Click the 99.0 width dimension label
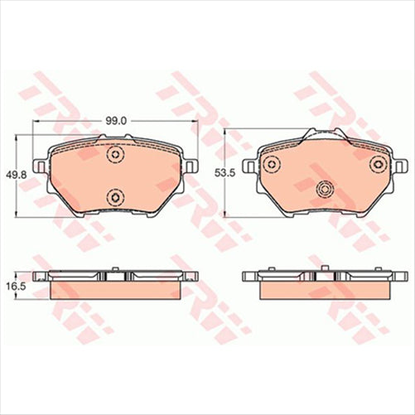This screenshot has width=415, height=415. [116, 120]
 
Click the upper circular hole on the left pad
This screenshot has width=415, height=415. [114, 156]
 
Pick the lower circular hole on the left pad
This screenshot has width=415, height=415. [114, 196]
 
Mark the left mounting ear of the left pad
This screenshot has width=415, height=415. [39, 166]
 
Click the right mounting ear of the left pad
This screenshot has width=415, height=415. [191, 166]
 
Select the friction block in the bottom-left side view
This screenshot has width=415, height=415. [116, 290]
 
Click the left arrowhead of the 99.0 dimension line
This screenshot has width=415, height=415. [35, 127]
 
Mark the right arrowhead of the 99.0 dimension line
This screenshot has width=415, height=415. [195, 127]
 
